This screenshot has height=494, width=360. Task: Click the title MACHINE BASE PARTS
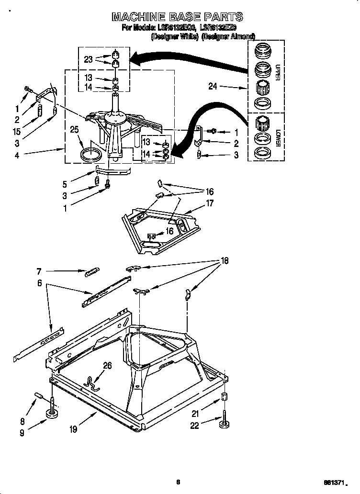pyautogui.click(x=178, y=17)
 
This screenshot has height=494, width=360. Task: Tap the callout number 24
pyautogui.click(x=214, y=87)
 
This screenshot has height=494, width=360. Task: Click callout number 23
pyautogui.click(x=88, y=60)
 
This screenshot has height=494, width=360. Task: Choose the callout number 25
pyautogui.click(x=74, y=129)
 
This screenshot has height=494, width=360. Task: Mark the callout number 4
pyautogui.click(x=17, y=154)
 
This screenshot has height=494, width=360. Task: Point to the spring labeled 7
pyautogui.click(x=92, y=272)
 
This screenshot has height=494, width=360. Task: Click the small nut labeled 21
pyautogui.click(x=224, y=397)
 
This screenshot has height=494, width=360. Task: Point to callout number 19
pyautogui.click(x=73, y=429)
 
